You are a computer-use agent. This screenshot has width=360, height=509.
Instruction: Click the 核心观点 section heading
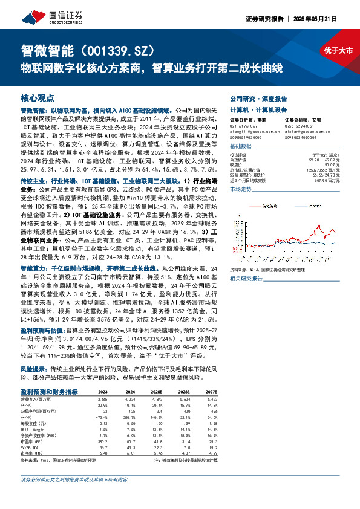[38, 97]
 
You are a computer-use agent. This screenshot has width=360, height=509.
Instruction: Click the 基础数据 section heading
[242, 147]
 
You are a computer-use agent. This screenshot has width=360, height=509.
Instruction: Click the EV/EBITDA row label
[30, 446]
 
